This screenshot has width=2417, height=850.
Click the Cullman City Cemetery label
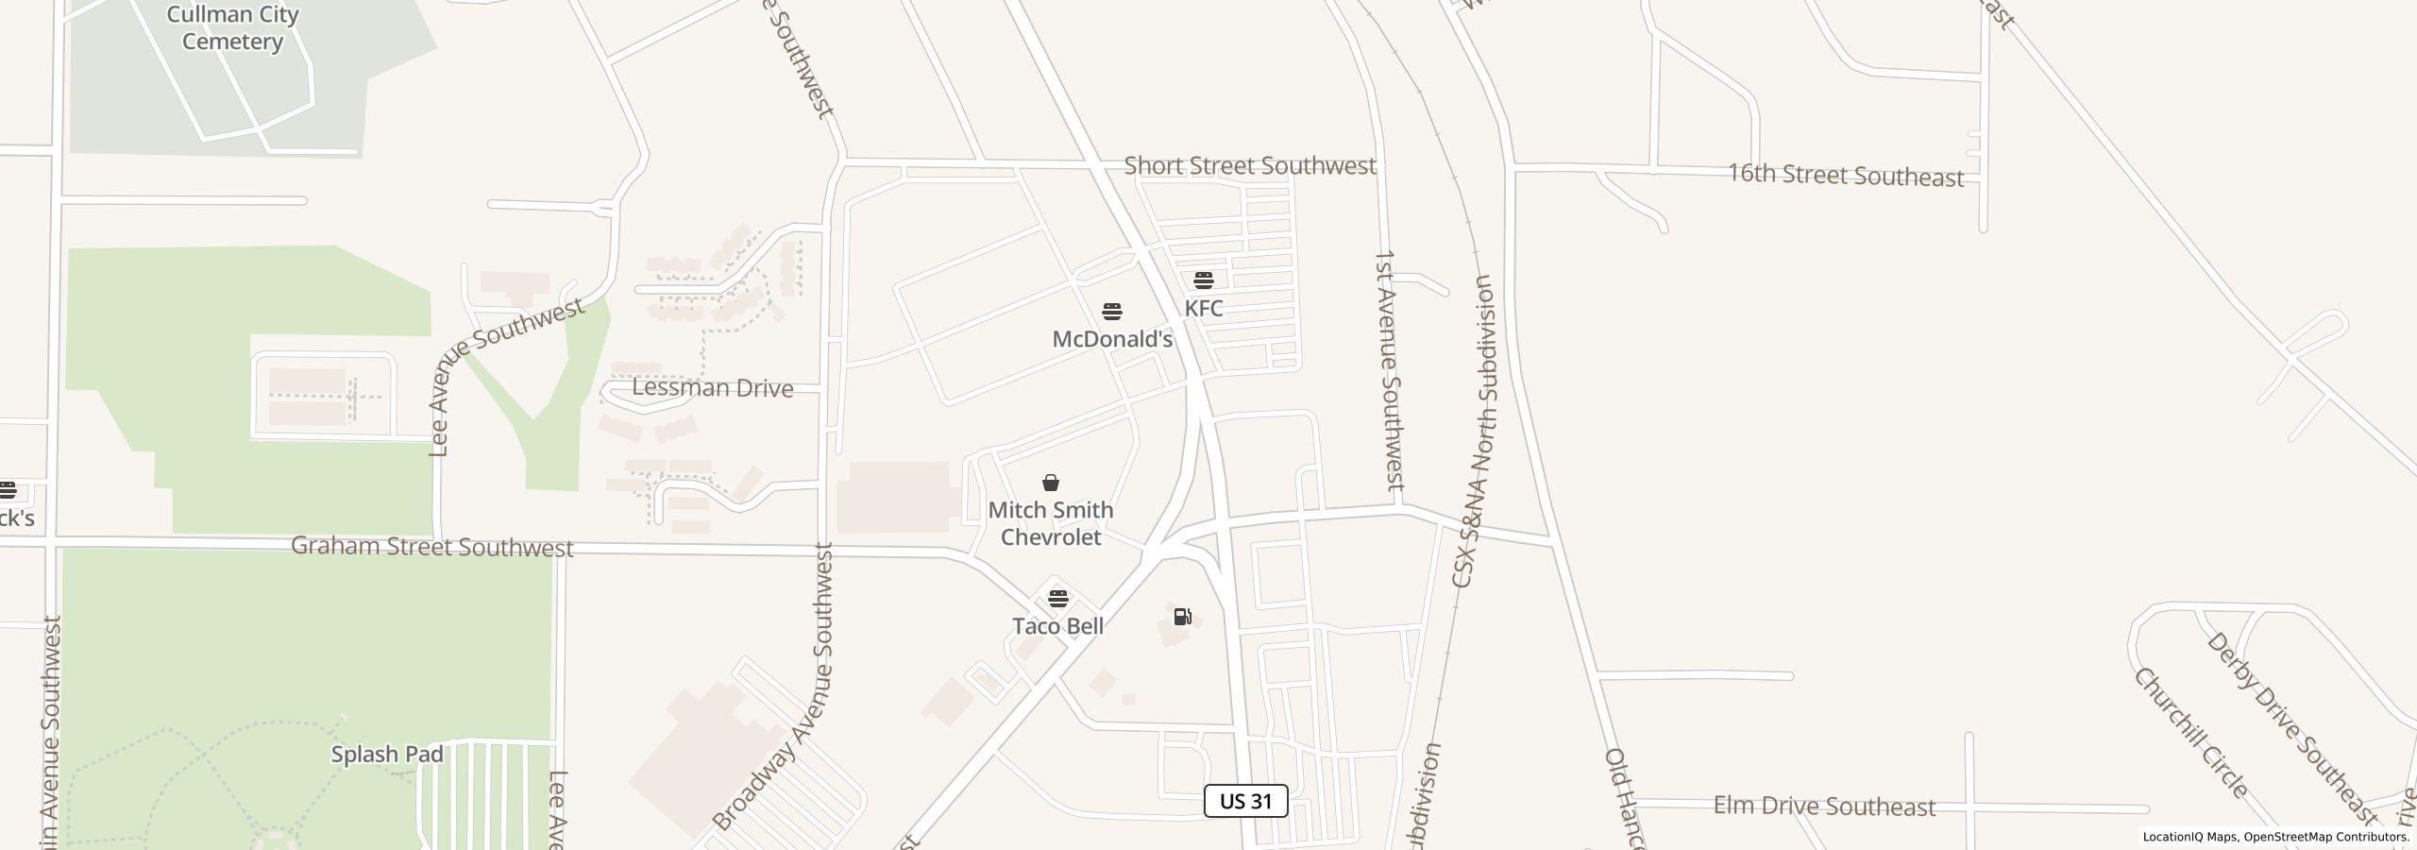click(x=232, y=28)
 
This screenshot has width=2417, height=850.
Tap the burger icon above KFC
click(x=1203, y=280)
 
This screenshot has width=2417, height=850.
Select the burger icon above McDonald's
click(x=1112, y=312)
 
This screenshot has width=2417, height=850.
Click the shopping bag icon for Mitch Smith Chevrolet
click(x=1050, y=484)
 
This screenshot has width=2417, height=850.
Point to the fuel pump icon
click(x=1182, y=617)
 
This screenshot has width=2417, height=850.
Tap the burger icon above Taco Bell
click(x=1057, y=599)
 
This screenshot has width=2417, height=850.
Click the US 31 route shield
click(x=1245, y=801)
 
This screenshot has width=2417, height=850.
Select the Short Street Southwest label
click(x=1249, y=166)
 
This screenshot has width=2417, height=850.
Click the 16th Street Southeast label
click(x=1845, y=176)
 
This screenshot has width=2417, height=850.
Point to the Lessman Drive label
click(x=712, y=388)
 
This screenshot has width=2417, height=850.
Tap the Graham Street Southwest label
click(x=431, y=547)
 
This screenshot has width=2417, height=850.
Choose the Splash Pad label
click(x=387, y=755)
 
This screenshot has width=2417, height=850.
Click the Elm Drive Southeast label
click(x=1824, y=807)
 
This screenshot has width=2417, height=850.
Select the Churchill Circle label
click(x=2189, y=733)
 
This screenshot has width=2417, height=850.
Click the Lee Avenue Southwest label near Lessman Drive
click(x=506, y=378)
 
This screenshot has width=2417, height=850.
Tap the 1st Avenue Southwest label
click(x=1389, y=370)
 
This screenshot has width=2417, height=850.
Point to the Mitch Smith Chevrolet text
click(x=1051, y=523)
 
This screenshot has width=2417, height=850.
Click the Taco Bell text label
click(x=1057, y=626)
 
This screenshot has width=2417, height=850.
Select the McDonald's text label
click(x=1112, y=339)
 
